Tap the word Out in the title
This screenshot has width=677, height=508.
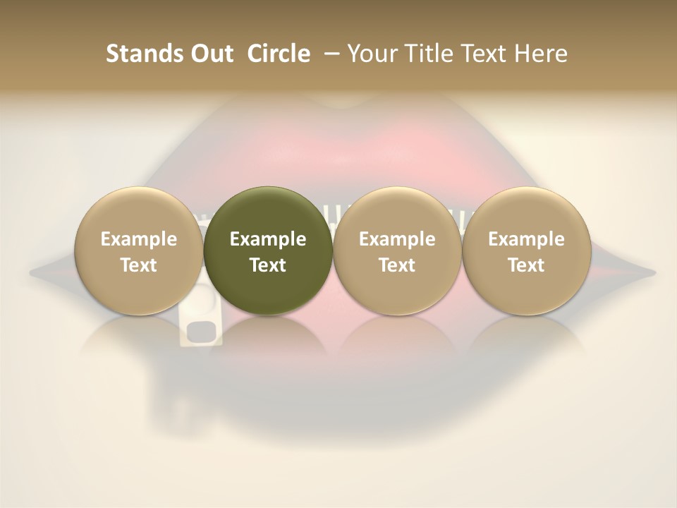[x=209, y=54]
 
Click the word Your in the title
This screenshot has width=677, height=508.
[x=372, y=54]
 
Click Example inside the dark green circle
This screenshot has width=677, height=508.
[x=268, y=239]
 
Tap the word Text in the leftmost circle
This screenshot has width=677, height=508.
[x=139, y=265]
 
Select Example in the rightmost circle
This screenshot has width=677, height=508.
[x=526, y=239]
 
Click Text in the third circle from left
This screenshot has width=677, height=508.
[x=397, y=265]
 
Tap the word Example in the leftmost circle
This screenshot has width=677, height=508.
[x=139, y=239]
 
